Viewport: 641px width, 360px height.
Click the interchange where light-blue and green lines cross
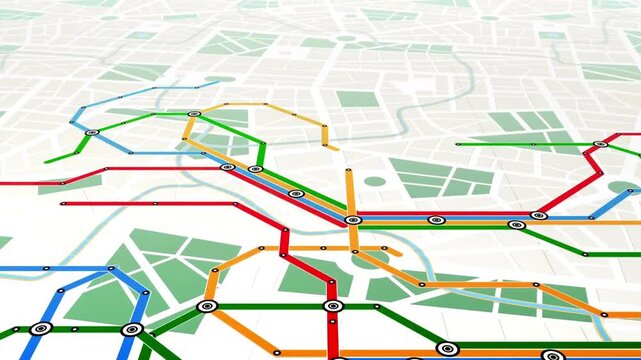click(x=91, y=132)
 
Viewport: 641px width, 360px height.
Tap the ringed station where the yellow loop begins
click(x=194, y=114)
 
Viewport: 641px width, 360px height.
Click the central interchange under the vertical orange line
click(x=352, y=219)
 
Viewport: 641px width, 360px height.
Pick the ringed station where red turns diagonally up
click(x=539, y=215)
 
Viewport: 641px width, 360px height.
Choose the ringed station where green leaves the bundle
click(x=516, y=225)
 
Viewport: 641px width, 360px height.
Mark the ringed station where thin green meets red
click(x=600, y=144)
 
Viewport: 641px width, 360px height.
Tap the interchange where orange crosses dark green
click(x=207, y=306)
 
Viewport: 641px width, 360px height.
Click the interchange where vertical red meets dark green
click(x=333, y=305)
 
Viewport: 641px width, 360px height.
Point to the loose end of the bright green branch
click(x=46, y=161)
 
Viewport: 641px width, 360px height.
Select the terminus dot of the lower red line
click(x=63, y=204)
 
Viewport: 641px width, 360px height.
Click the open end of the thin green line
click(x=457, y=144)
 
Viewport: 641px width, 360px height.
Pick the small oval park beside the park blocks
click(x=374, y=182)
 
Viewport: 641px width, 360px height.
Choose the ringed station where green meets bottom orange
click(x=446, y=349)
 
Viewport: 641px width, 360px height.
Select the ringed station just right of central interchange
click(x=434, y=220)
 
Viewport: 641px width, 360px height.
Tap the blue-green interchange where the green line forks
click(x=131, y=329)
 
